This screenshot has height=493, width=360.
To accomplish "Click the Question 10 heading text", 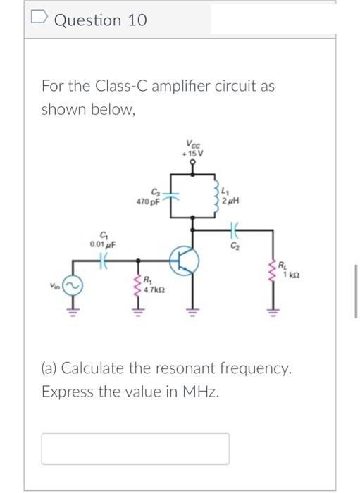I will [x=101, y=20].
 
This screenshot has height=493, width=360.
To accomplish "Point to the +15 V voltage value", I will [x=192, y=151].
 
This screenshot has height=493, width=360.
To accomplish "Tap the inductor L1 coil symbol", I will [x=216, y=192].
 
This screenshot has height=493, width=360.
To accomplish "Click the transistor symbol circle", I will [x=185, y=260].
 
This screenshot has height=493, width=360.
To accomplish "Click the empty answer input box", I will [x=135, y=449].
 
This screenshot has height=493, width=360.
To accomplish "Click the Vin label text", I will [x=54, y=287].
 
